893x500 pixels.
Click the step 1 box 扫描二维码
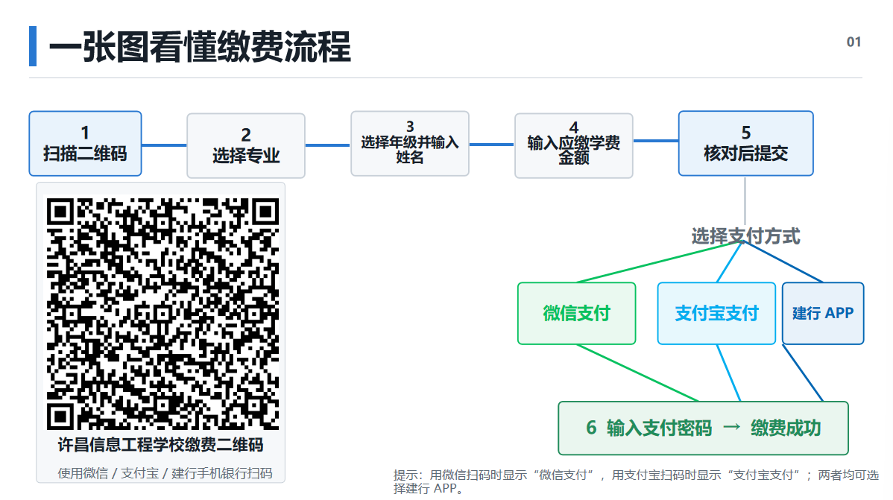86,144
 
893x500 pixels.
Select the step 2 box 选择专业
246,146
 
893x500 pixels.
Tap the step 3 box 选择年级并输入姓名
410,144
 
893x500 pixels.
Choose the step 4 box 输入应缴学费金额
574,146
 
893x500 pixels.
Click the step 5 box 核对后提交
746,144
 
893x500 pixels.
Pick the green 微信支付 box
576,313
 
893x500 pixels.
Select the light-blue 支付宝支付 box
716,313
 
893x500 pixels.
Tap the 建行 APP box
823,313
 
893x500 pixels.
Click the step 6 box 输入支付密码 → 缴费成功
704,428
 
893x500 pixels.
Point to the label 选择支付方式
746,235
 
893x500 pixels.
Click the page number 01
853,42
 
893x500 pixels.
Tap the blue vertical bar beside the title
33,46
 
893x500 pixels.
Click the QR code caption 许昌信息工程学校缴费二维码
160,445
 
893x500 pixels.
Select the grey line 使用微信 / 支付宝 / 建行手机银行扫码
165,473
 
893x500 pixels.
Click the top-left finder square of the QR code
60,212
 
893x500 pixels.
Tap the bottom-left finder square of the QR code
60,417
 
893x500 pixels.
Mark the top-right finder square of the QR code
265,212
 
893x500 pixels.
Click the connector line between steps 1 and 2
164,145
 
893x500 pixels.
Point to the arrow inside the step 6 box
732,427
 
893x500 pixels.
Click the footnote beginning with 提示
636,482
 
